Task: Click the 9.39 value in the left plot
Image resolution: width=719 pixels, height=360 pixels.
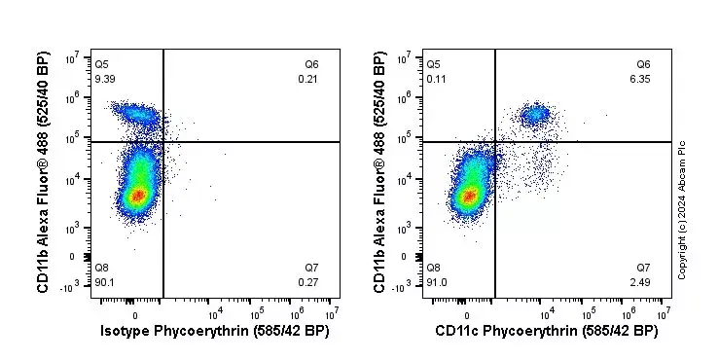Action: point(104,79)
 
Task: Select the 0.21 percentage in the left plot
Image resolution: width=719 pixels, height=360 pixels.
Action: point(308,79)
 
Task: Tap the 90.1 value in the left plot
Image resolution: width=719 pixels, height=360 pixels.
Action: point(104,283)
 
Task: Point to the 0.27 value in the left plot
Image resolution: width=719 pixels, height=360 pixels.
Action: point(308,283)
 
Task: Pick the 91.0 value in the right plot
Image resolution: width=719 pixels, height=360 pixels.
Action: point(437,283)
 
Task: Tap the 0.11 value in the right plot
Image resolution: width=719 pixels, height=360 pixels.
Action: point(437,79)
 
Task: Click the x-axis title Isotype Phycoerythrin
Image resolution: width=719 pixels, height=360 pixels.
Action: point(215,332)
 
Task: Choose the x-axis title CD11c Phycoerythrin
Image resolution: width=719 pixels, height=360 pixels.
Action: point(547,332)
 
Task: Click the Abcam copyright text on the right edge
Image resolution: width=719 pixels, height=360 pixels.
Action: point(683,209)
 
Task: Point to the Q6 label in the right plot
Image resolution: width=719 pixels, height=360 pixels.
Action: point(643,65)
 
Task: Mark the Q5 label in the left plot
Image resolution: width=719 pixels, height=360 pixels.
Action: point(102,65)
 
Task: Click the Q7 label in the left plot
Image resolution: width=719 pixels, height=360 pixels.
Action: point(310,268)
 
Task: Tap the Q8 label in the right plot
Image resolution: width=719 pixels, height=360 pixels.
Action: point(435,268)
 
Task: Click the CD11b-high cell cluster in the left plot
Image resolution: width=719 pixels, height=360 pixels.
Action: point(136,115)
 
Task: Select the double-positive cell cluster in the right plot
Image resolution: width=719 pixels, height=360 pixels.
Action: point(534,115)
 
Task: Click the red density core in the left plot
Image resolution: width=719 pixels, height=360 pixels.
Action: point(137,196)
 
